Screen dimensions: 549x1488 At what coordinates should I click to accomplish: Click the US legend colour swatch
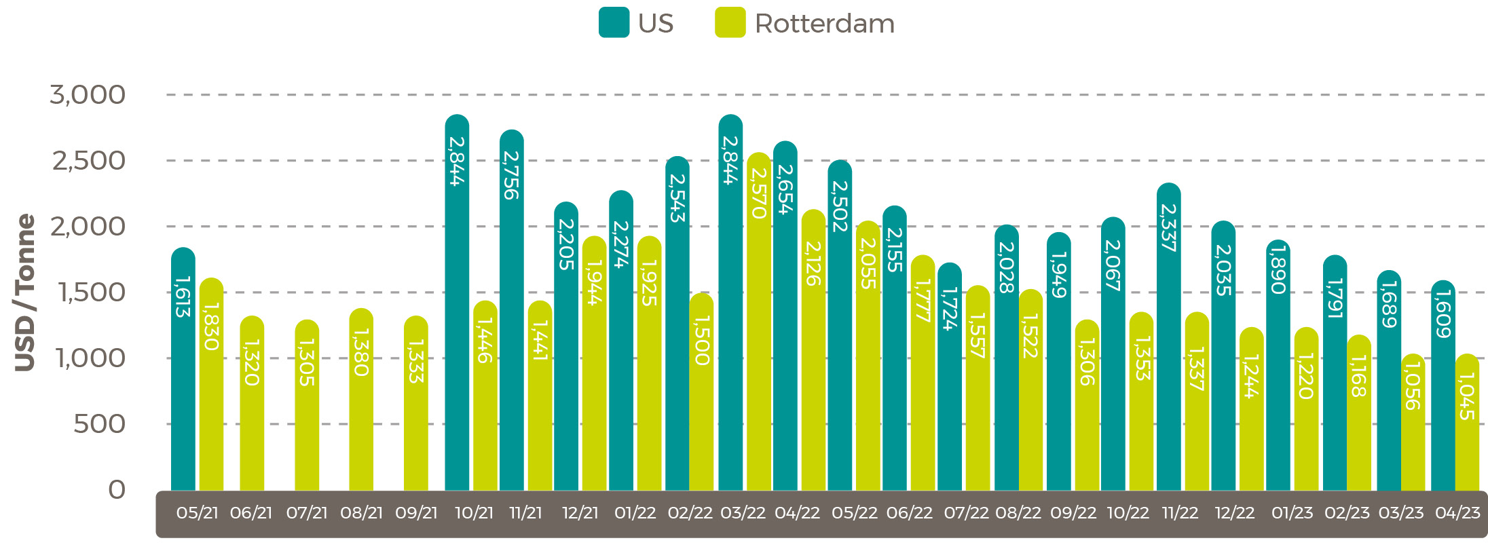pos(614,22)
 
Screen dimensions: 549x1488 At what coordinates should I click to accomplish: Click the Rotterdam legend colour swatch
pos(730,22)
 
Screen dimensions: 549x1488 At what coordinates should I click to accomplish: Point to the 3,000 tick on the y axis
pos(88,95)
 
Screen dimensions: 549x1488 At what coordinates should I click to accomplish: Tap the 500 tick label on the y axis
pos(99,424)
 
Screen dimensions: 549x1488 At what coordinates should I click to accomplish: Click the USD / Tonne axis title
pos(25,292)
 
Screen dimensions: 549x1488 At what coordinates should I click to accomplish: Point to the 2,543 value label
pos(677,198)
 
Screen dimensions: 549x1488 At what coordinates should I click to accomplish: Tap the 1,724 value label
pos(950,309)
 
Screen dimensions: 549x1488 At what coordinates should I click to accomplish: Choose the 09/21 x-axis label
pos(416,513)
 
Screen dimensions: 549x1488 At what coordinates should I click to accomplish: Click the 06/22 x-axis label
pos(908,513)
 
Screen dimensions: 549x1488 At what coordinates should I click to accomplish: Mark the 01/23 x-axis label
pos(1292,513)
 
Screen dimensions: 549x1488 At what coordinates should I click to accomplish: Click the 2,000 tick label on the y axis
pos(88,227)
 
